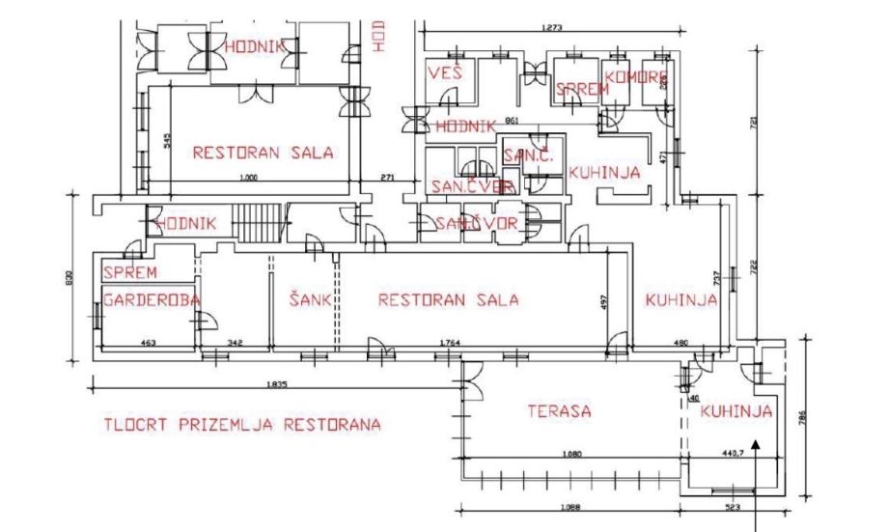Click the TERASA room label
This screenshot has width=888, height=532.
tap(559, 411)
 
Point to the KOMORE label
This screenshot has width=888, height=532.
tap(637, 76)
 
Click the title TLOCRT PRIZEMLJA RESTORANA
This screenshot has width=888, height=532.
tap(241, 425)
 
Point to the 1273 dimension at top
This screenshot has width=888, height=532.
tap(553, 28)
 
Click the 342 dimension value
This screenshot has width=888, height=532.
tap(236, 343)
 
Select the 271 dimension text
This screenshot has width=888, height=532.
tap(388, 179)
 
